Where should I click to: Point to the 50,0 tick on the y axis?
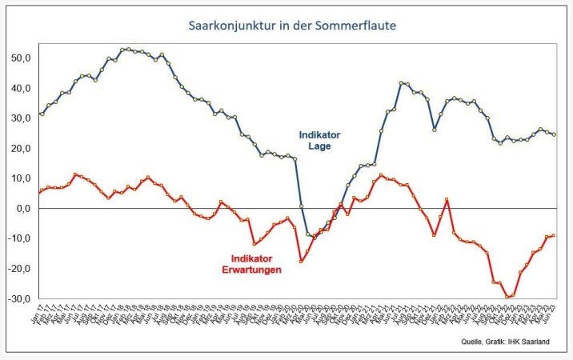20,58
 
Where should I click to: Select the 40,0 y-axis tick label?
20,88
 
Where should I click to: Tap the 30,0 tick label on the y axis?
20,118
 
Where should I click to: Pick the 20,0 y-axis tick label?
20,148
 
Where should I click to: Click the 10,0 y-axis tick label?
20,178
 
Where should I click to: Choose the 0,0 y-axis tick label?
22,208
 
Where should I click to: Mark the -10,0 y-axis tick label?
18,238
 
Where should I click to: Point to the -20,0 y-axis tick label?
18,268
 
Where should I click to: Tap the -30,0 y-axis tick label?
18,298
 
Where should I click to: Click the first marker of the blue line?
42,114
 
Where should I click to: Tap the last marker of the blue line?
555,134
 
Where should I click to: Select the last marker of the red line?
555,235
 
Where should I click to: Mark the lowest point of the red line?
507,297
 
